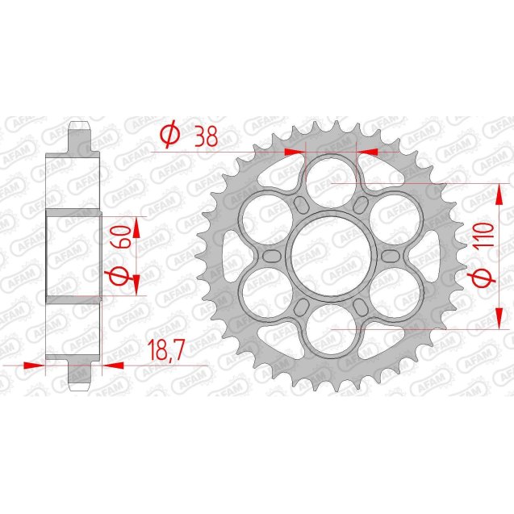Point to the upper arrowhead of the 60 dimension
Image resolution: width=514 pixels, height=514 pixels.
tap(136, 227)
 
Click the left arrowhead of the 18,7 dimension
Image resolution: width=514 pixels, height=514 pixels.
tap(33, 365)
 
